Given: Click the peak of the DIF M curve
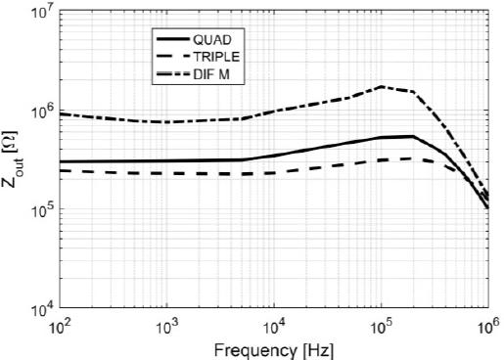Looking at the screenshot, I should pyautogui.click(x=382, y=86).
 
